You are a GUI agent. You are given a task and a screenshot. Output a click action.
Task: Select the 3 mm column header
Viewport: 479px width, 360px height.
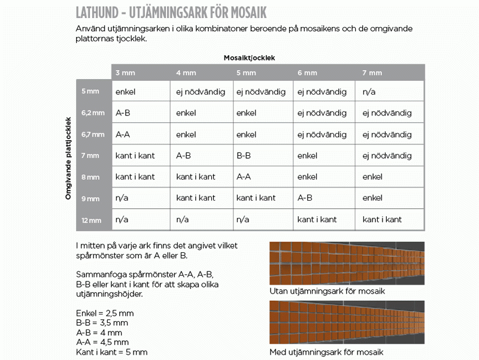(x=126, y=73)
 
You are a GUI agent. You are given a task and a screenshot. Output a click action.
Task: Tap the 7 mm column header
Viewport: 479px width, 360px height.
(x=372, y=73)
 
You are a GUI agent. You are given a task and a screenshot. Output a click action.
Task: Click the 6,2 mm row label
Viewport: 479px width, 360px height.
(x=93, y=113)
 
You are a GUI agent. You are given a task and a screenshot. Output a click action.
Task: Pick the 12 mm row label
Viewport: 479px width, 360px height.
(x=92, y=220)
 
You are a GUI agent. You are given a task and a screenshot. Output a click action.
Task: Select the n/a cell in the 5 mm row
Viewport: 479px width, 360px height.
(x=369, y=92)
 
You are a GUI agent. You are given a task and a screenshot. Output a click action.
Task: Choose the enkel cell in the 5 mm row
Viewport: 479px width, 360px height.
(x=126, y=92)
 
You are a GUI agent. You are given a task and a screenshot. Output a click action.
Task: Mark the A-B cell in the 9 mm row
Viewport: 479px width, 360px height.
(x=305, y=198)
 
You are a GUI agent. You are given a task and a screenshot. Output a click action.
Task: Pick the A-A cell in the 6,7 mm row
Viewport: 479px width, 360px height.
(x=123, y=134)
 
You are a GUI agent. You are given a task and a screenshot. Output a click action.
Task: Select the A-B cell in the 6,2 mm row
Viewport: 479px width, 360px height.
(x=123, y=113)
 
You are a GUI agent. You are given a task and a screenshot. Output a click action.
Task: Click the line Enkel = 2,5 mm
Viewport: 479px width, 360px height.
(x=105, y=313)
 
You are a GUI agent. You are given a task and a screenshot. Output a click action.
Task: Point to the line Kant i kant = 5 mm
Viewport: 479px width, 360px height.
(x=111, y=352)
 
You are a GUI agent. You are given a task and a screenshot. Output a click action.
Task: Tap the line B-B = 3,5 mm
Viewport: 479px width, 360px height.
(x=102, y=323)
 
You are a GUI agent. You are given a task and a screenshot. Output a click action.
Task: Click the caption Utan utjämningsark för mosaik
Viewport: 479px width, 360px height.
(x=327, y=292)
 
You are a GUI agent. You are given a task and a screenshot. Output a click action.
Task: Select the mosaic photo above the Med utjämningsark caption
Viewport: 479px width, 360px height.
(x=347, y=322)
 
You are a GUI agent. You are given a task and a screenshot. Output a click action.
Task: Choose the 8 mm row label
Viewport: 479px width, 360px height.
(x=91, y=177)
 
